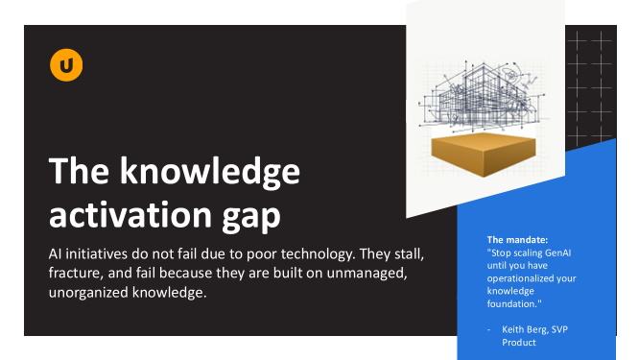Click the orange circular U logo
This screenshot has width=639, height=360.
[x=66, y=65]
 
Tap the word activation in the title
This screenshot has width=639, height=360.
[x=130, y=214]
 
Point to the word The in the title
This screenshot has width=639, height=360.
[x=79, y=171]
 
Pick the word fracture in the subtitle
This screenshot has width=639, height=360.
[x=74, y=274]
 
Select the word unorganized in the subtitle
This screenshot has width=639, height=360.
[x=88, y=293]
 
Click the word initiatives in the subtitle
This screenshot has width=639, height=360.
[x=96, y=254]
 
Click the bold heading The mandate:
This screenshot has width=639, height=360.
[x=517, y=240]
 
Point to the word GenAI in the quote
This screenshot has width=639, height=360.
[x=557, y=252]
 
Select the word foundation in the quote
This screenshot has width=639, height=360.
[x=511, y=303]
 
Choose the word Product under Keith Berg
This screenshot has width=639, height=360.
[x=519, y=343]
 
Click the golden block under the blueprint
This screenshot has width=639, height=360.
[x=484, y=155]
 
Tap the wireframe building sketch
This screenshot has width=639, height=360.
[x=483, y=97]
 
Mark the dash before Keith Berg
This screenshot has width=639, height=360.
[x=489, y=329]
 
